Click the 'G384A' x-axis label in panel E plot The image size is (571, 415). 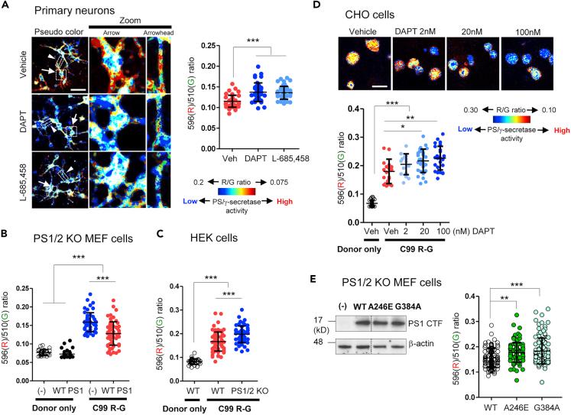(544, 397)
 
